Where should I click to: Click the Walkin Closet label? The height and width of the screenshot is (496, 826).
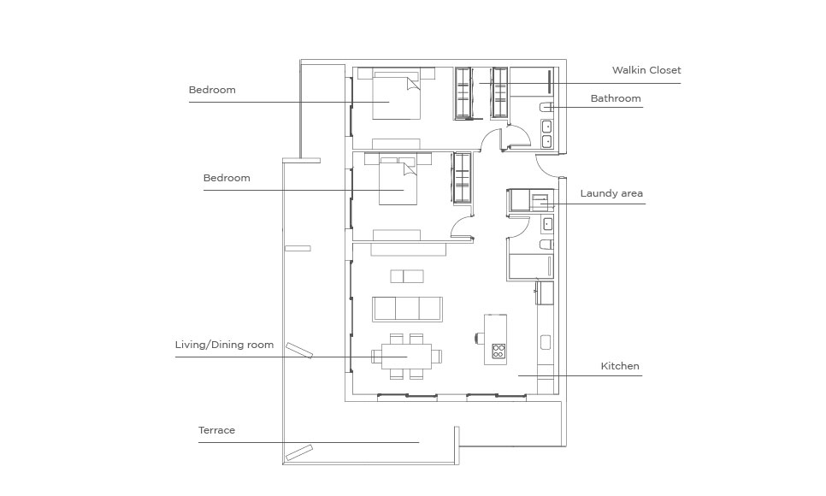(646, 70)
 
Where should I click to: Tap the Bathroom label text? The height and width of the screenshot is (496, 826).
(616, 98)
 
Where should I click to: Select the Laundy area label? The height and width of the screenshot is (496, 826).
(611, 193)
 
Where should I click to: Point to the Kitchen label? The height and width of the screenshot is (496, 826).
(620, 366)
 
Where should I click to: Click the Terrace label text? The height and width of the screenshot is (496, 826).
(216, 430)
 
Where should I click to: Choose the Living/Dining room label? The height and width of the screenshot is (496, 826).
(224, 345)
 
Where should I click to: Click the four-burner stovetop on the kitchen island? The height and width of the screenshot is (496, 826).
(499, 351)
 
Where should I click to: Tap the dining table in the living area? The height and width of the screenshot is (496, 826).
(407, 357)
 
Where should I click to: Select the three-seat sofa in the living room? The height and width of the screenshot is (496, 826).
(407, 309)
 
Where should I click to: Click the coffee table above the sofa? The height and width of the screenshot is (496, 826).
(407, 276)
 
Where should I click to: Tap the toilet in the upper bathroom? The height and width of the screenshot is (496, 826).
(546, 107)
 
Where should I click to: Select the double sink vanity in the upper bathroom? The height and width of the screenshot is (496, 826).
(547, 134)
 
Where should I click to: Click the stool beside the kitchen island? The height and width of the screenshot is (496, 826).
(480, 337)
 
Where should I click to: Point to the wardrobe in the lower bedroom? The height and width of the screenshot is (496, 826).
(462, 178)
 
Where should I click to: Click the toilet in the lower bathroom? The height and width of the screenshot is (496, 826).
(546, 244)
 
